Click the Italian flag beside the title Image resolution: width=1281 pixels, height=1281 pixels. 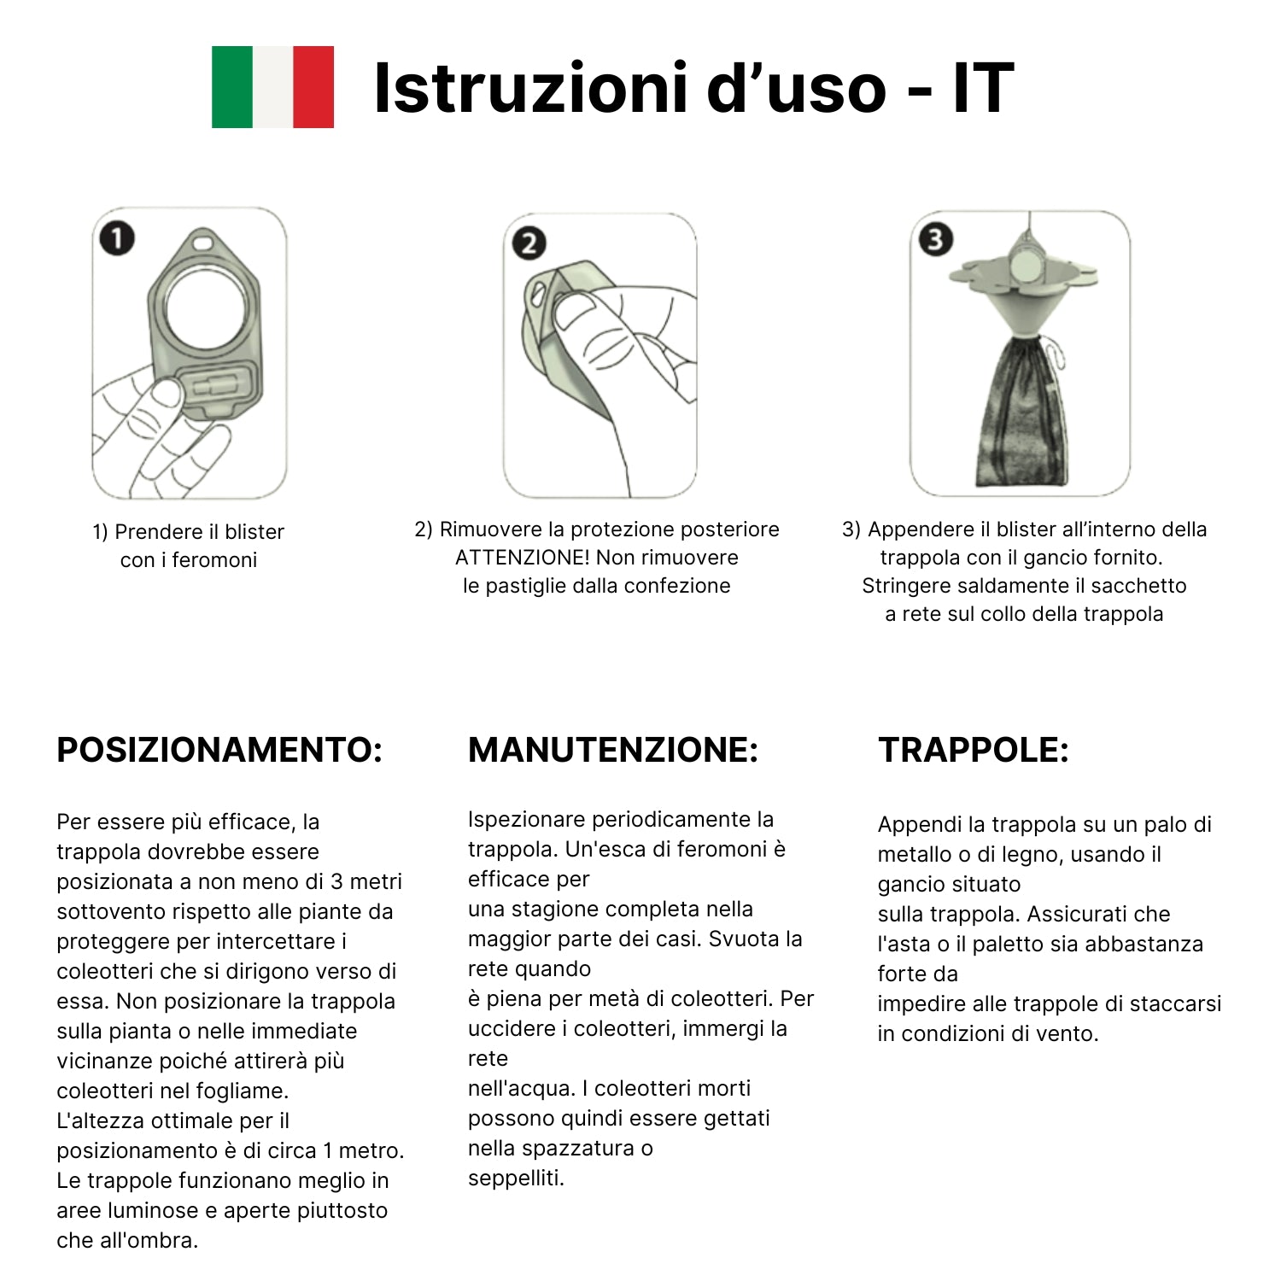272,87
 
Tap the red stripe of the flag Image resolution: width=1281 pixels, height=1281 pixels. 313,87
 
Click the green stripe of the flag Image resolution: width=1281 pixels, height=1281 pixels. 232,87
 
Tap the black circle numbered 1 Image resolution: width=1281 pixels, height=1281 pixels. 118,238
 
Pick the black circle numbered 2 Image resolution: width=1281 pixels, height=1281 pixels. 529,243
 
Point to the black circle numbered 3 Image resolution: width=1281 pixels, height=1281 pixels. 935,240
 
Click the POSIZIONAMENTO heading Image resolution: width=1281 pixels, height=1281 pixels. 219,750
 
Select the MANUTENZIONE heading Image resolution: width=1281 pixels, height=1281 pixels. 613,750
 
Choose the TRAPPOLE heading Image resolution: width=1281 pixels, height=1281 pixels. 974,750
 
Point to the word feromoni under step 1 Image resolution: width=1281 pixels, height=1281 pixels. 214,560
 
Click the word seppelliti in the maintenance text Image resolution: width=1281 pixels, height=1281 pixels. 516,1179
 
